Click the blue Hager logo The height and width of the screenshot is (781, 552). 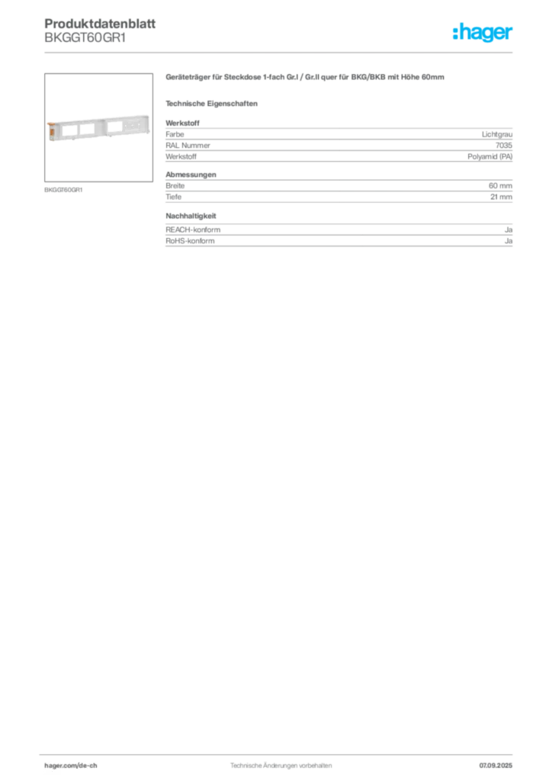pyautogui.click(x=484, y=33)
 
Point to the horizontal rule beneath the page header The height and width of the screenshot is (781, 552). pyautogui.click(x=280, y=52)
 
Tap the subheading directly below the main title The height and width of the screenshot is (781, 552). pyautogui.click(x=214, y=103)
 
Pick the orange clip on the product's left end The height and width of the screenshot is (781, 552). pyautogui.click(x=50, y=130)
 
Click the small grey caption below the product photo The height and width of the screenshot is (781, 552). pyautogui.click(x=64, y=188)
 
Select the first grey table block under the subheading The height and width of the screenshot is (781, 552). pyautogui.click(x=339, y=141)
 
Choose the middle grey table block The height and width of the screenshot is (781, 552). pyautogui.click(x=339, y=191)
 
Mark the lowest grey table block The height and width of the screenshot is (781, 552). pyautogui.click(x=339, y=233)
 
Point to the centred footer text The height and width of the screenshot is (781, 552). pyautogui.click(x=280, y=762)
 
